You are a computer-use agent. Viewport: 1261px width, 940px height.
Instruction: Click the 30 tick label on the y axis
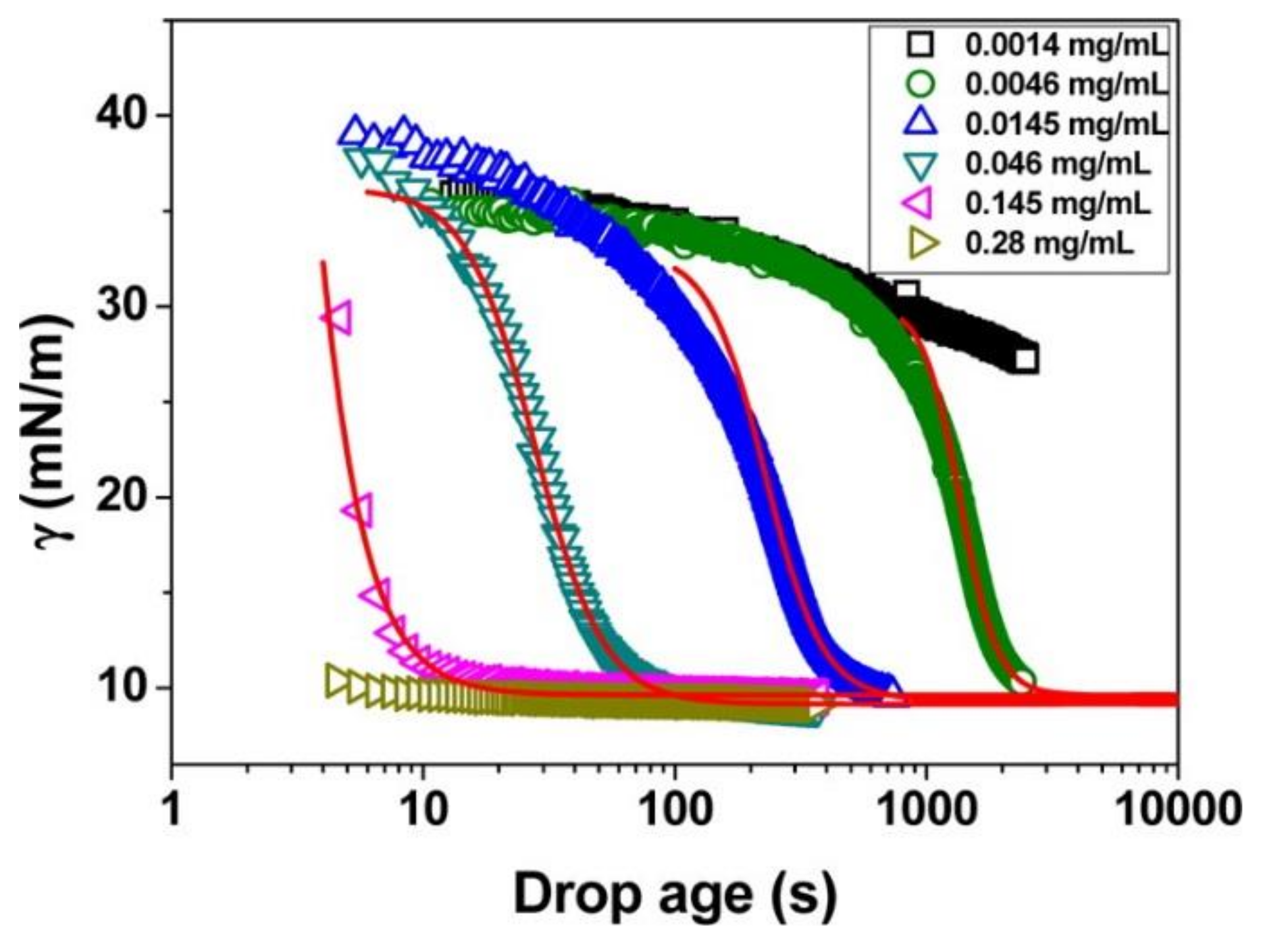[125, 306]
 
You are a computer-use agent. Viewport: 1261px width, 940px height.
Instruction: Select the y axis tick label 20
[125, 497]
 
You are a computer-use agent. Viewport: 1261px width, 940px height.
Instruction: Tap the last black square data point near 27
[1026, 360]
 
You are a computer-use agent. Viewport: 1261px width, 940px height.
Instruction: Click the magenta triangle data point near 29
[337, 317]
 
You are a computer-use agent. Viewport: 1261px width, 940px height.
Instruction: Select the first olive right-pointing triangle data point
[337, 680]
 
